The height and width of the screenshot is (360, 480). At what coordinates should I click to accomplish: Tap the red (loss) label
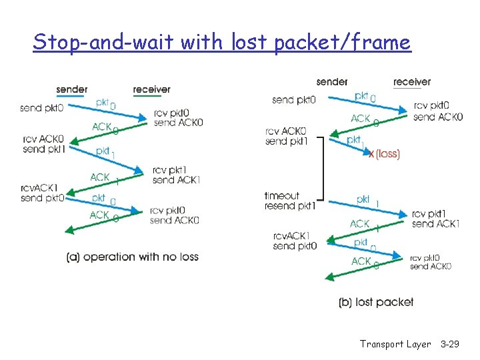387,154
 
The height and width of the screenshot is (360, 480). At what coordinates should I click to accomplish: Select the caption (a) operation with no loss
133,257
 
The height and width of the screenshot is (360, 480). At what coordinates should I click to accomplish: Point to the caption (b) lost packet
376,302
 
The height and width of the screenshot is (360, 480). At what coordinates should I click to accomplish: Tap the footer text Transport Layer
395,344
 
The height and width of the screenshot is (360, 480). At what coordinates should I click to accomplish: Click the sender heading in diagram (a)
72,89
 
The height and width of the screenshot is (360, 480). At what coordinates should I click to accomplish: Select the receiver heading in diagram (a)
151,89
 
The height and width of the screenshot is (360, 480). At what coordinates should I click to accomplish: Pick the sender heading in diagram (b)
332,81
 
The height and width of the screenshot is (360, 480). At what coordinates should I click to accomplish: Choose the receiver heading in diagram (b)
412,81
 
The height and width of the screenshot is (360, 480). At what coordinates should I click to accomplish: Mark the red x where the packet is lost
371,154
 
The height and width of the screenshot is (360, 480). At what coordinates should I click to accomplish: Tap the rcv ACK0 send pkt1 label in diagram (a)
43,144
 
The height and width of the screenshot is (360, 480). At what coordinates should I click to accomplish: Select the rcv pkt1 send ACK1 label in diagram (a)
177,175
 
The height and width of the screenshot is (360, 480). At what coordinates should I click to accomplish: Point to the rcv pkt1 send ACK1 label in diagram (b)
436,219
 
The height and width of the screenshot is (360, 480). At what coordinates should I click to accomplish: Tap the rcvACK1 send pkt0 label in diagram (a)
42,193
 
